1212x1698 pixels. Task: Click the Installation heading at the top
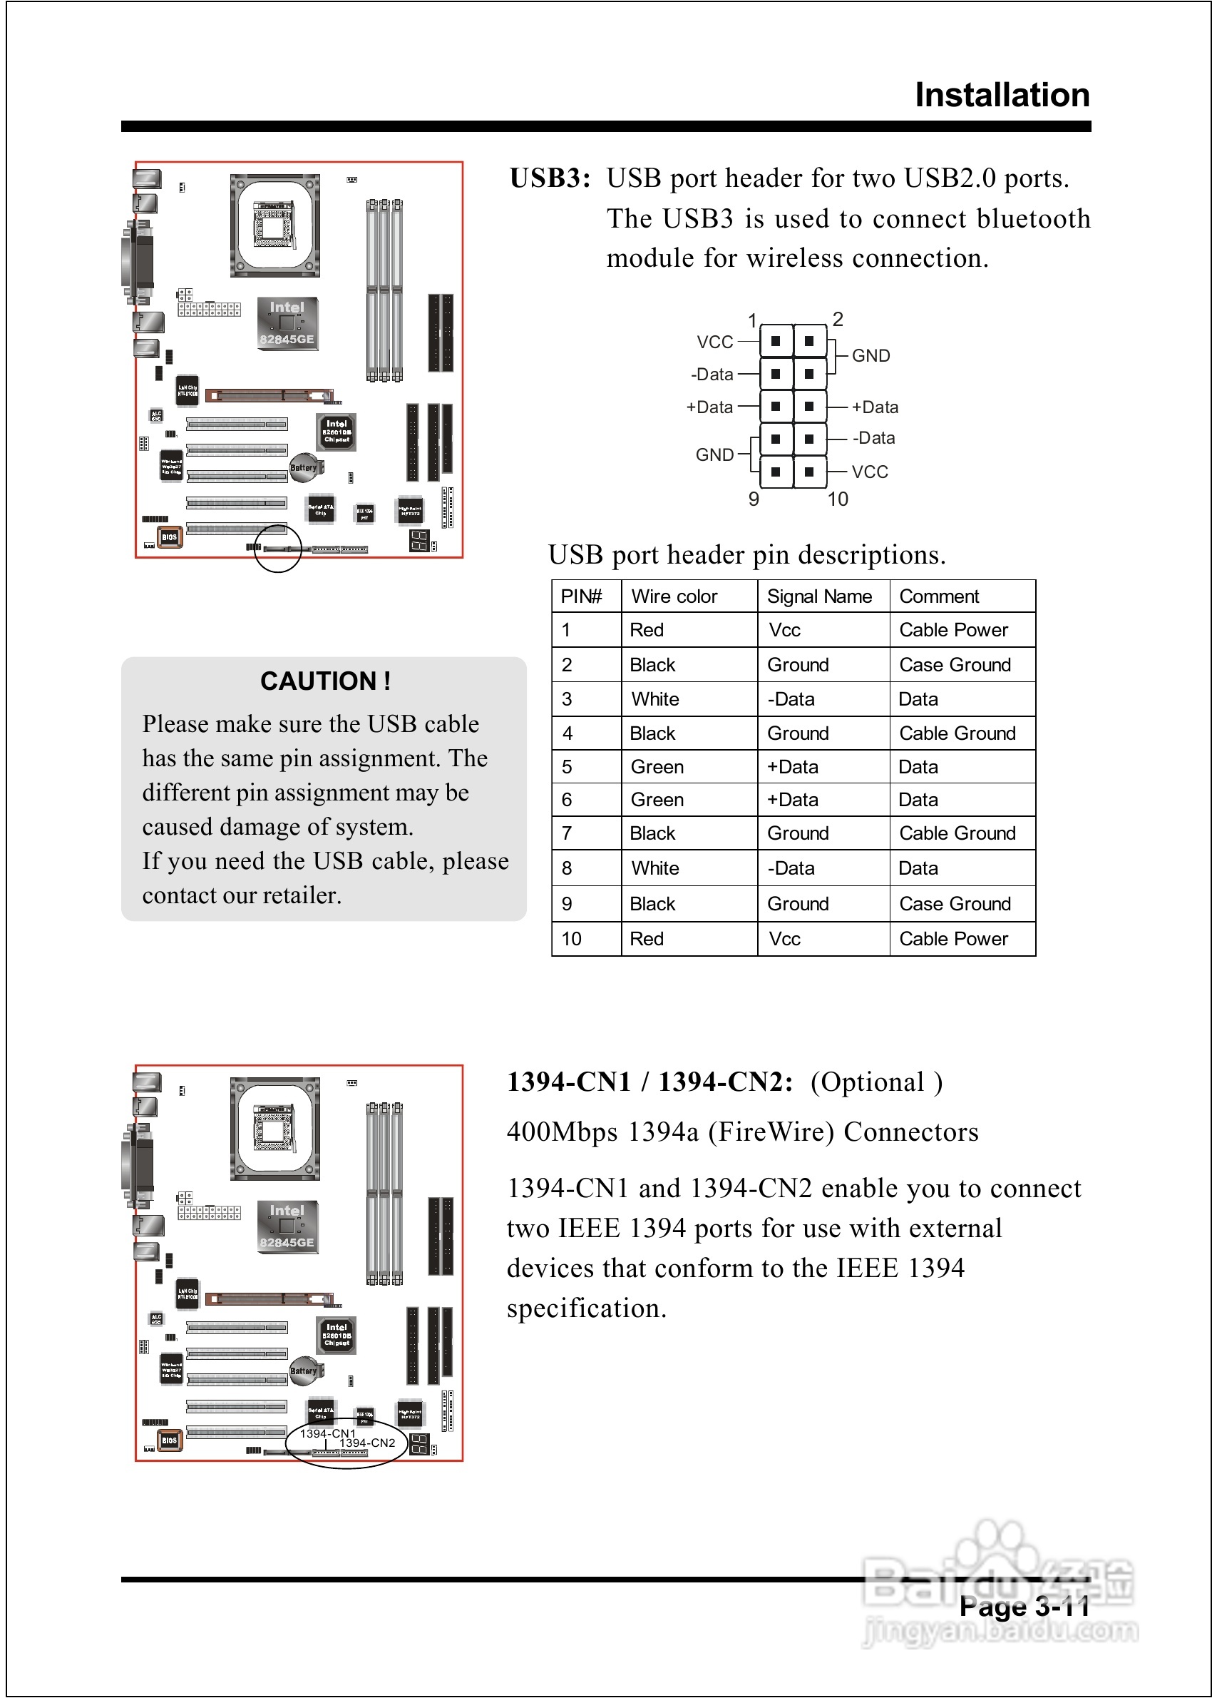pos(1002,96)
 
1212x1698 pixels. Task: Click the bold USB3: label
pos(550,178)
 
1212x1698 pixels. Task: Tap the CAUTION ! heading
pos(325,681)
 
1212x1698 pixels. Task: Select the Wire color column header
pos(674,596)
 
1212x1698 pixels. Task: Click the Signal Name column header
pos(818,596)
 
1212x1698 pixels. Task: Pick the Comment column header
pos(939,596)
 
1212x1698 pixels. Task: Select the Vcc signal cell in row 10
pos(784,940)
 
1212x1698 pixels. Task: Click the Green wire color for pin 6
pos(657,800)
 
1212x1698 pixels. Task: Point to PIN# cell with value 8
pos(568,868)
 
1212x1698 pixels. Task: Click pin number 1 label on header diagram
pos(752,320)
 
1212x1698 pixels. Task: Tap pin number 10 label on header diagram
pos(838,499)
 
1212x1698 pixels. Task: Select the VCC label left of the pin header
pos(715,342)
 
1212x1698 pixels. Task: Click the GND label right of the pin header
pos(871,356)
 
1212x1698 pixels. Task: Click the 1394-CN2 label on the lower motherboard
pos(367,1443)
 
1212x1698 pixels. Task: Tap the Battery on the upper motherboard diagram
pos(303,468)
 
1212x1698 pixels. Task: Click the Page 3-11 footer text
pos(1024,1607)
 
